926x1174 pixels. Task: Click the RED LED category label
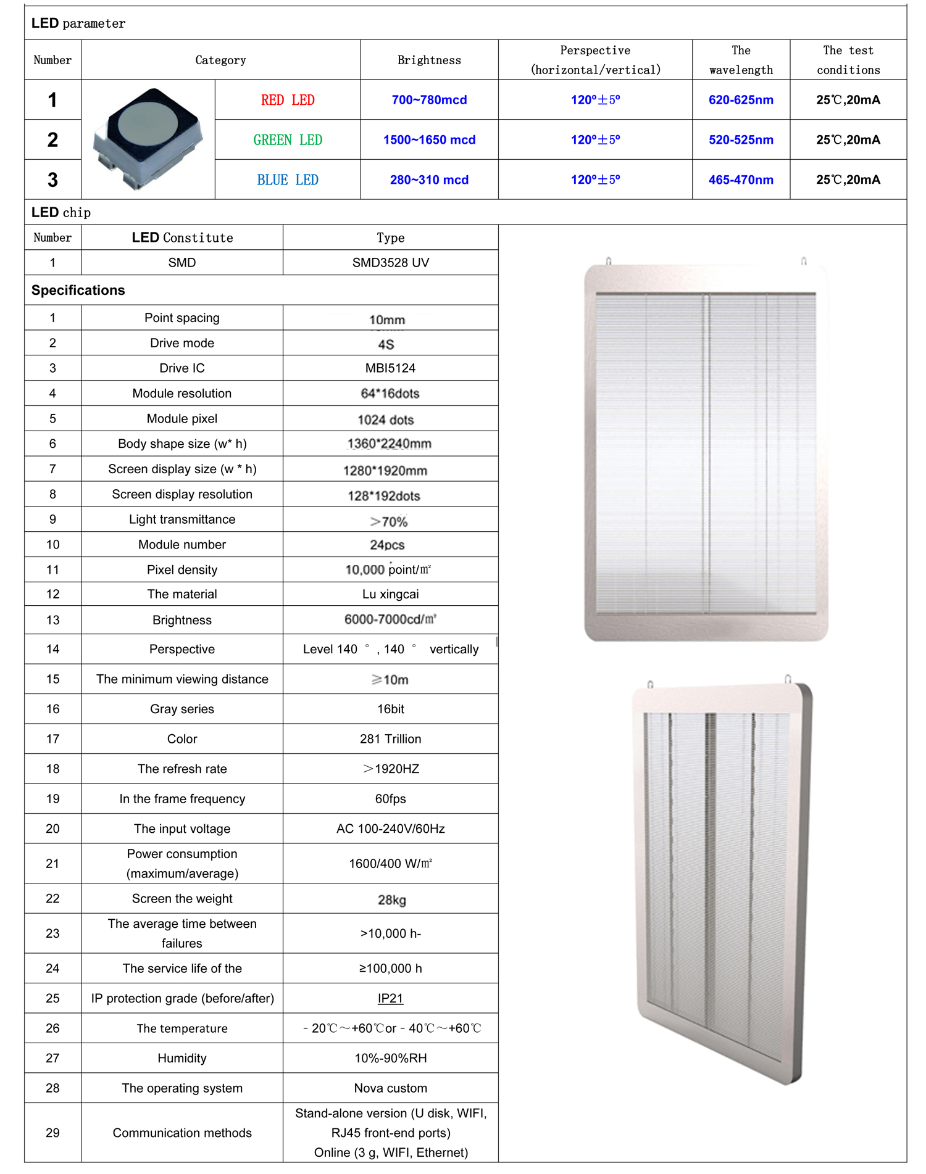(x=288, y=100)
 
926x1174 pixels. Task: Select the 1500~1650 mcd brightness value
(x=429, y=140)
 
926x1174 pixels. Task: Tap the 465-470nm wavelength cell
(x=741, y=180)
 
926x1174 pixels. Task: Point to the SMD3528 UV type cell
(x=390, y=263)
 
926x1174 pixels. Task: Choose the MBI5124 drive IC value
(x=390, y=368)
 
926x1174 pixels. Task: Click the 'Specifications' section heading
(x=78, y=290)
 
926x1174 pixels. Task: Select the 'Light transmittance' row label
(x=182, y=519)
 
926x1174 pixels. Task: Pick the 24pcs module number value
(x=387, y=545)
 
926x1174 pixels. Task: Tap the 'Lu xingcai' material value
(x=390, y=594)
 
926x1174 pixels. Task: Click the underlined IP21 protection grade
(x=390, y=998)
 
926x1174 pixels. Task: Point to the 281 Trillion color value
(x=390, y=739)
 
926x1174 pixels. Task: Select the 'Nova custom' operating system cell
(x=390, y=1088)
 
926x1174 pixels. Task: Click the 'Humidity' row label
(x=182, y=1058)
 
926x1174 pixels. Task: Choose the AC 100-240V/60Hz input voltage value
(x=390, y=829)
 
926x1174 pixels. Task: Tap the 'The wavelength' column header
(x=741, y=60)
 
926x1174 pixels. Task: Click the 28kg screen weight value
(x=391, y=900)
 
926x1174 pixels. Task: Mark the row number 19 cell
(x=53, y=799)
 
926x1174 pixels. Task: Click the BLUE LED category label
(x=288, y=180)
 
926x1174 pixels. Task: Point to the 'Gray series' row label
(x=182, y=709)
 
